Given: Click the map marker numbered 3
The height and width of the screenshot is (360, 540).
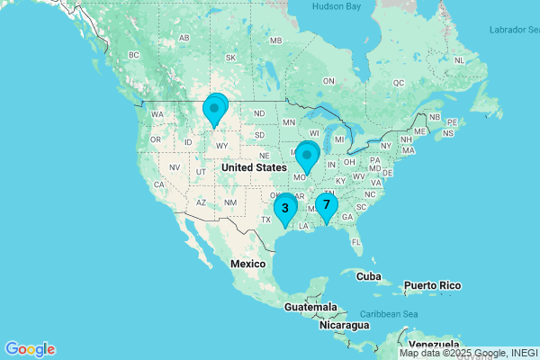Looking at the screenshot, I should [285, 209].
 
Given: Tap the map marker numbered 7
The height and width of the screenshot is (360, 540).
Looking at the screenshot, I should [326, 205].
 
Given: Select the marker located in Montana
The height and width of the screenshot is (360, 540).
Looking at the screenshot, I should [215, 109].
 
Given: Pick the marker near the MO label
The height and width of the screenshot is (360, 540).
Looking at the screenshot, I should [308, 157].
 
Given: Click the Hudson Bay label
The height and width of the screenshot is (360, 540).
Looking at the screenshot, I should [336, 6].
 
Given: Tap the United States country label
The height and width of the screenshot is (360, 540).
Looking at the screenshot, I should [254, 167].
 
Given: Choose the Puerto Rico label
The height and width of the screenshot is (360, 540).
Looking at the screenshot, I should [432, 285].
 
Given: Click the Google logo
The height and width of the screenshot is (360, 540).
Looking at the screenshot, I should [30, 349].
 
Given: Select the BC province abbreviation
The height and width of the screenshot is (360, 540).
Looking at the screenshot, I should [135, 55].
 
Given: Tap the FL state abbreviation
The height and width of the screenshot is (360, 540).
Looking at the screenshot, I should [356, 241].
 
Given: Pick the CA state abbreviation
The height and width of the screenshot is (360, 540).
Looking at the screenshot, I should [158, 184].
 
